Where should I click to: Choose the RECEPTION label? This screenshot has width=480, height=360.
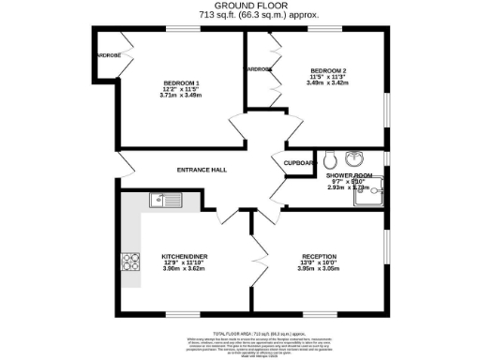tap(320, 256)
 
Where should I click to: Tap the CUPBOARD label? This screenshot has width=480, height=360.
tap(299, 162)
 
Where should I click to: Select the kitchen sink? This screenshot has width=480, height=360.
tap(166, 199)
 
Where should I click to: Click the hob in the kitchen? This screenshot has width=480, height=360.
tap(131, 261)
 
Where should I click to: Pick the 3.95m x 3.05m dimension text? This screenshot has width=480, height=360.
tap(320, 269)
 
